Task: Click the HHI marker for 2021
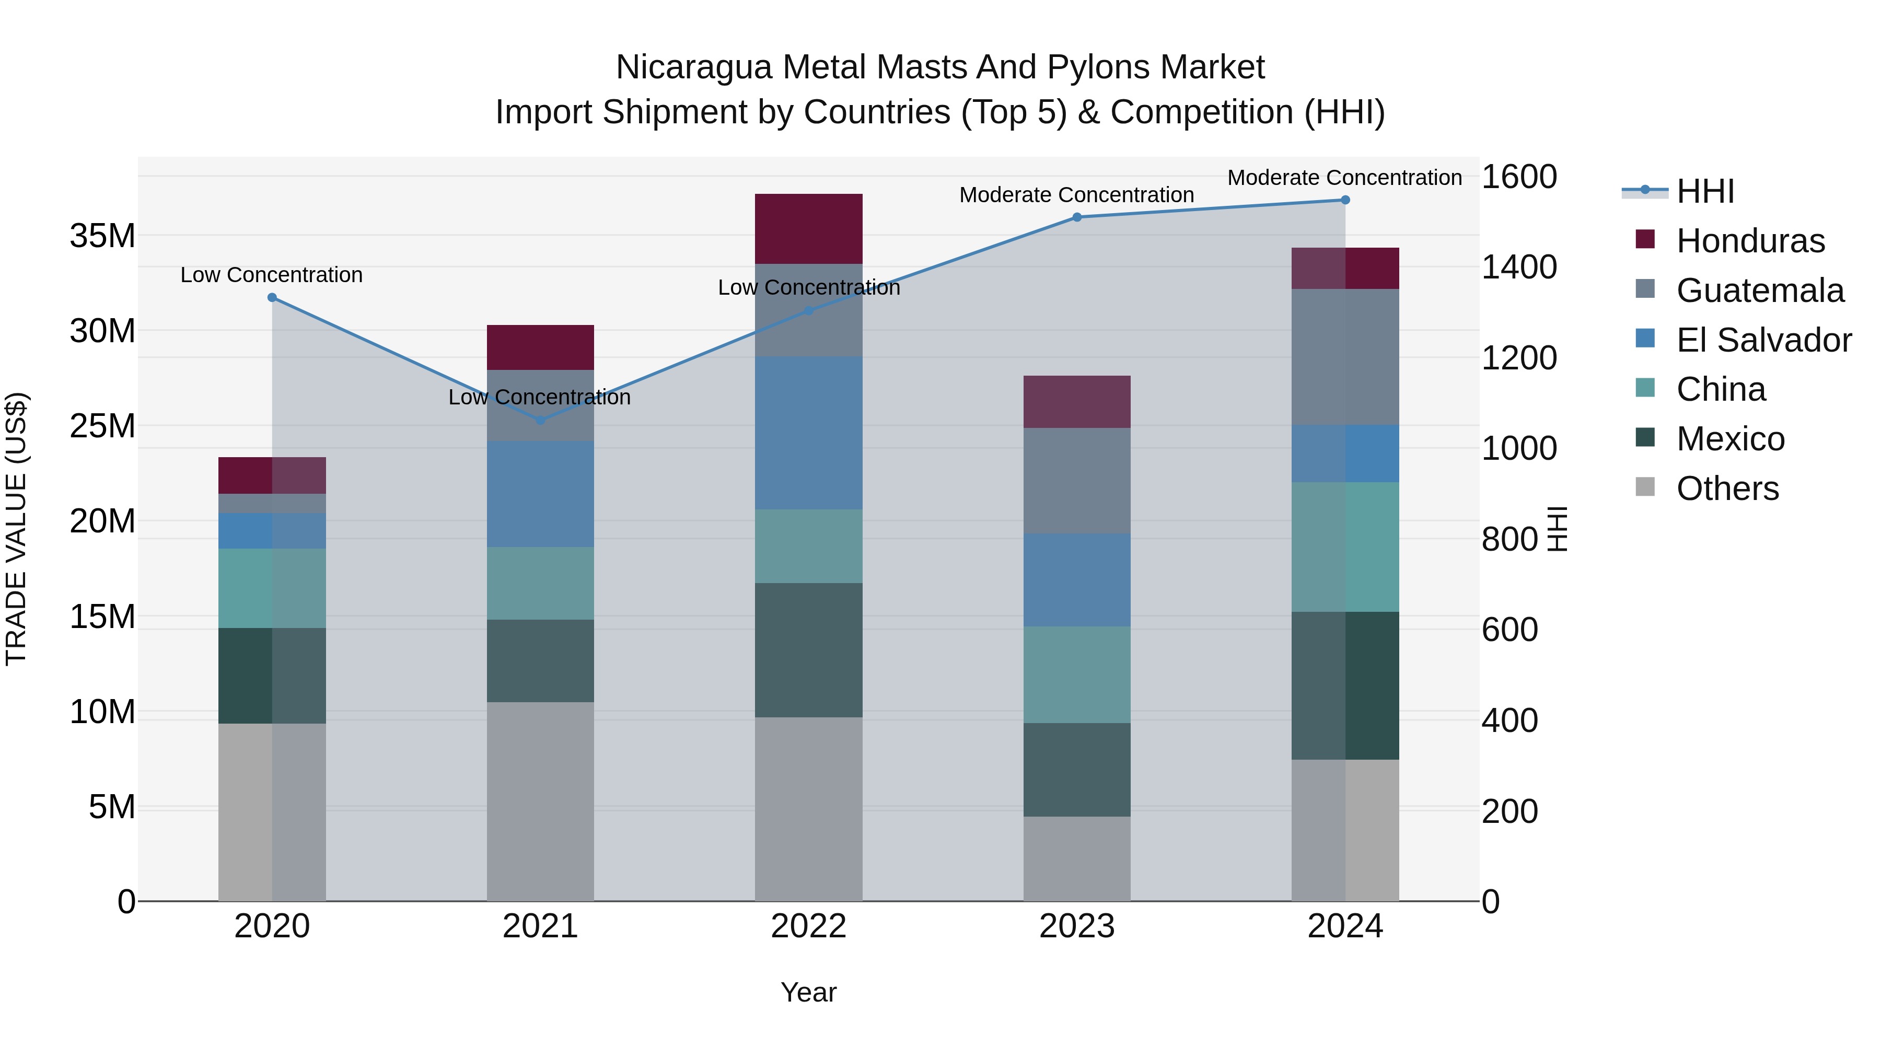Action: point(540,421)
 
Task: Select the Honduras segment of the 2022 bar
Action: point(808,228)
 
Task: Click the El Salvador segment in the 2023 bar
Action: point(1076,580)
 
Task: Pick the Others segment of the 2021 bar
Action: point(540,801)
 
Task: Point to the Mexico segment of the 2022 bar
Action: point(808,650)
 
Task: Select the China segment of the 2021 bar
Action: point(540,584)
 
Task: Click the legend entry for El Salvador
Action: point(1763,340)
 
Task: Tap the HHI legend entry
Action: point(1704,191)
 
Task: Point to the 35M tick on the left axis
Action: point(102,236)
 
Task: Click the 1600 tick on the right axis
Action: point(1519,177)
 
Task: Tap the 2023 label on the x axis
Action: point(1076,926)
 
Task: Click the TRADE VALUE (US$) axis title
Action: point(16,529)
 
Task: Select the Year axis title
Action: point(808,992)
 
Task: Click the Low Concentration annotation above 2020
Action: point(272,275)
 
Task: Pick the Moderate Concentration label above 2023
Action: point(1076,195)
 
